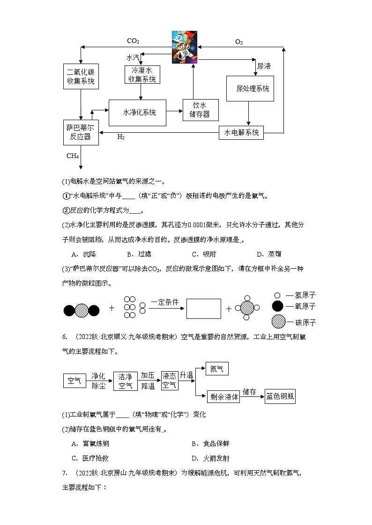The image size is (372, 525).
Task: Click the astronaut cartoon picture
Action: tap(184, 47)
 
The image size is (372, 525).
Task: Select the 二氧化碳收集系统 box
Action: tap(81, 77)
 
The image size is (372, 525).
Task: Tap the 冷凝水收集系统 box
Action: tap(142, 74)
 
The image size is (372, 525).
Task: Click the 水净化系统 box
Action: tap(138, 113)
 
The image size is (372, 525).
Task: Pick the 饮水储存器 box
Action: tap(200, 110)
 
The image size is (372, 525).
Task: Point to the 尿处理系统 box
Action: tap(250, 88)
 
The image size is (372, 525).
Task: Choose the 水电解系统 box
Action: tap(241, 133)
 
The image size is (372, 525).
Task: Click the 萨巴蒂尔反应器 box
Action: tap(81, 132)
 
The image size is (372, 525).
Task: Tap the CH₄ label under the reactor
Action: tap(73, 156)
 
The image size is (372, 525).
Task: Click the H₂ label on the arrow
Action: tap(121, 137)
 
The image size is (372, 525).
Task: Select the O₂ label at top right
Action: tap(239, 42)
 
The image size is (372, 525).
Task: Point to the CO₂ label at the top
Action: tap(133, 41)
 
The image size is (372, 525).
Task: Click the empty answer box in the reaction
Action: tap(203, 309)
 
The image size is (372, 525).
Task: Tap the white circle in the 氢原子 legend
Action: tap(277, 295)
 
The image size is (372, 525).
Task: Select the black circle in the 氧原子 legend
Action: tap(277, 306)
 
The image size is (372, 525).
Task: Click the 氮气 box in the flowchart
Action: tap(217, 369)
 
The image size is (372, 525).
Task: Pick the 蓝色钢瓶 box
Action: tap(280, 396)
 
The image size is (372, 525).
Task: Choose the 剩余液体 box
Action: tap(224, 396)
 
